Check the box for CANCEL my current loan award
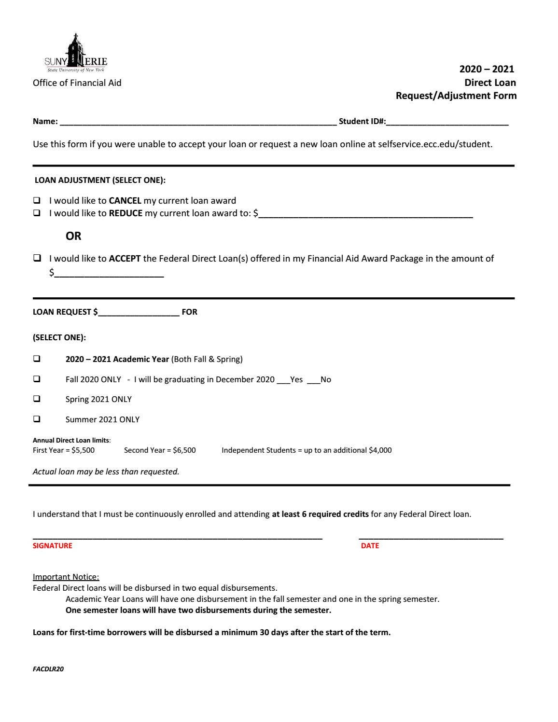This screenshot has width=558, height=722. (37, 201)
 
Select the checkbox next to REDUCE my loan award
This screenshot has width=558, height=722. (37, 213)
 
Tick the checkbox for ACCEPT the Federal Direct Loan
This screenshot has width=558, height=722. (37, 259)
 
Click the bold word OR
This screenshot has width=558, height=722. (73, 236)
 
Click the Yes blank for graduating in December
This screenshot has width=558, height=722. (283, 380)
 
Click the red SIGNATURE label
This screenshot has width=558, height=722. (52, 546)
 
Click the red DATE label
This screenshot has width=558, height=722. (370, 546)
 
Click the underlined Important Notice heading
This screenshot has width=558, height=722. (66, 577)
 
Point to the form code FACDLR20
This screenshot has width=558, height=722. (48, 669)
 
